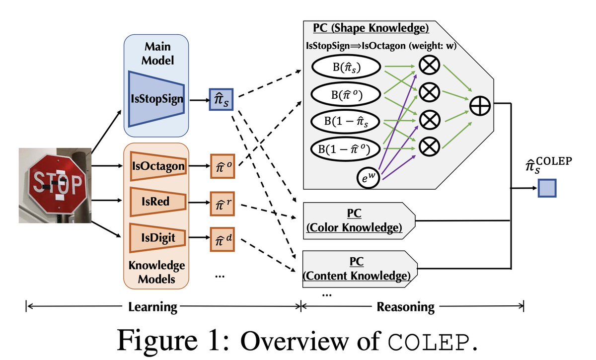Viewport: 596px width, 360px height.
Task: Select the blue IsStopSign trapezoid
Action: click(x=156, y=99)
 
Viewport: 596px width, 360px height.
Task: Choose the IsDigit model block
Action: click(x=157, y=238)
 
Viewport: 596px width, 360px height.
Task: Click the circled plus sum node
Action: click(x=479, y=105)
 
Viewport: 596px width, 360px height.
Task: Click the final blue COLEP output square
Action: click(x=547, y=188)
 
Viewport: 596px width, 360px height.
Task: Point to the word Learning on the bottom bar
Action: click(x=152, y=306)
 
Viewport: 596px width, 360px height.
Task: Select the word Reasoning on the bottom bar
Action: click(x=405, y=306)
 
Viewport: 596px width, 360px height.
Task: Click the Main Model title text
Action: click(x=156, y=53)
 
